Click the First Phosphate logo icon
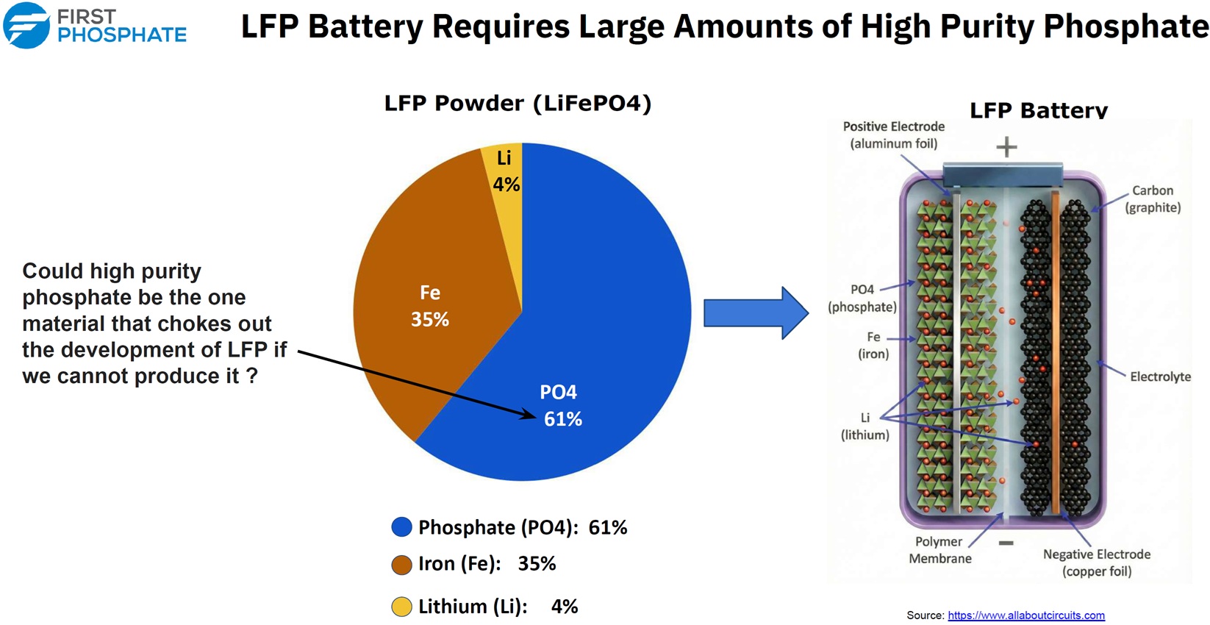(26, 25)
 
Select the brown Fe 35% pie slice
(432, 302)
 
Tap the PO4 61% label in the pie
(562, 406)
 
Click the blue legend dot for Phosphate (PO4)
(401, 526)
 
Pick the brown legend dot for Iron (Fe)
(401, 565)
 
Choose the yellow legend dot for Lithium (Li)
(401, 607)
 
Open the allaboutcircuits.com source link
(1025, 615)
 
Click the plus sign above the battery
(1006, 147)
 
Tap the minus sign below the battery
(1006, 543)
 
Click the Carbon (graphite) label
(1153, 199)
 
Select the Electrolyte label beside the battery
(1160, 376)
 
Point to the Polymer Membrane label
(940, 550)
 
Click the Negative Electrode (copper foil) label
(1097, 563)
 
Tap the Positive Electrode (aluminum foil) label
(894, 135)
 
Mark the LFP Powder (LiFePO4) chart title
(518, 103)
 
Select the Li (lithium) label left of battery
(864, 426)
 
